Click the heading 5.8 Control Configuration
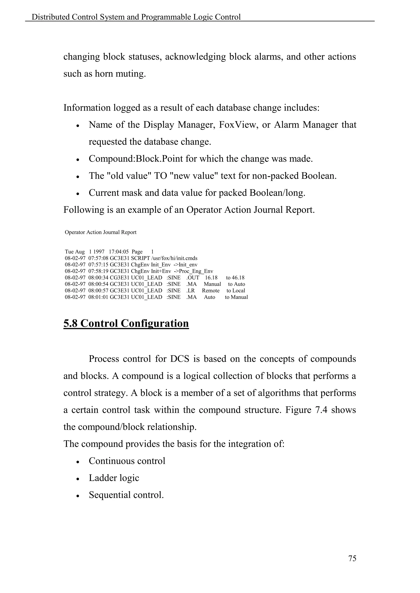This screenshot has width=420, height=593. click(x=126, y=323)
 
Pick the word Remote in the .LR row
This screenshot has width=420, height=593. click(x=211, y=291)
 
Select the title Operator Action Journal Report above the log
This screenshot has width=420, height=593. click(x=101, y=232)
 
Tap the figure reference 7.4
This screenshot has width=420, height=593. click(x=322, y=410)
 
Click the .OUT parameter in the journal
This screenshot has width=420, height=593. click(x=193, y=278)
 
